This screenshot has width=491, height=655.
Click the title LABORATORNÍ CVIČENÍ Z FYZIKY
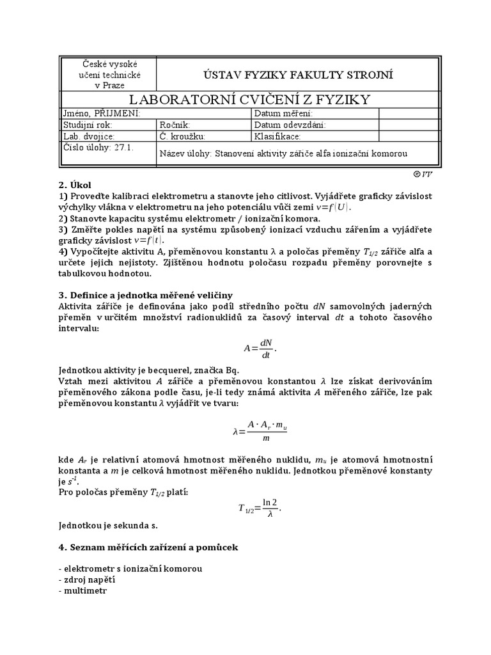coord(249,99)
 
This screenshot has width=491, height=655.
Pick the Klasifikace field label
coord(277,136)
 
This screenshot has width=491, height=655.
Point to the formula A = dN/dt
coord(261,348)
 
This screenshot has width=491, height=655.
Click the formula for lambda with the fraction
coord(260,432)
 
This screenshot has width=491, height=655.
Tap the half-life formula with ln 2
coord(260,509)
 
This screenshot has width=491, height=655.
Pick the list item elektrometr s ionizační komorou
coord(130,568)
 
